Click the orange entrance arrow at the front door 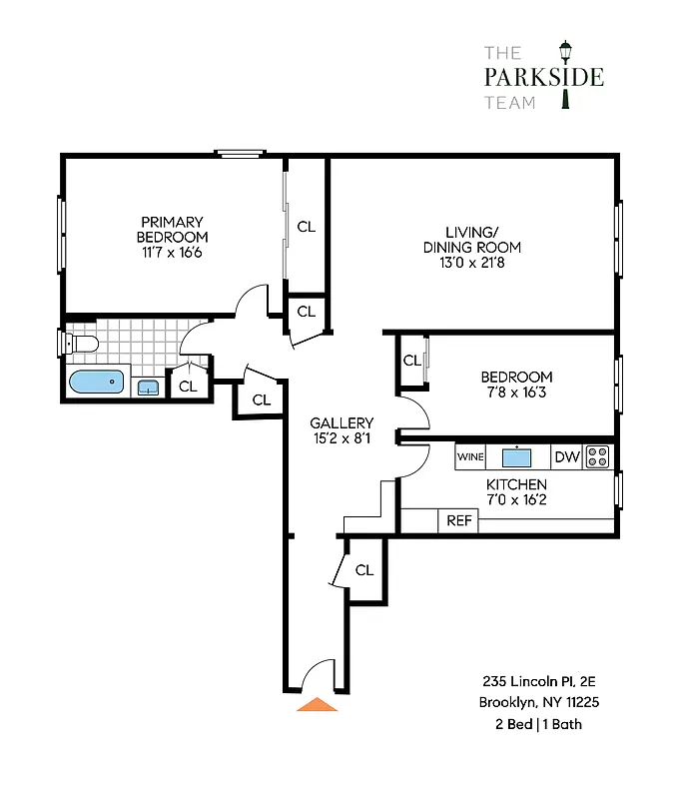(x=318, y=703)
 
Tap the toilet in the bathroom (x=82, y=345)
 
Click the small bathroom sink (x=149, y=388)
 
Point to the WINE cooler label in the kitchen (x=470, y=457)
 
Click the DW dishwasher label (x=566, y=457)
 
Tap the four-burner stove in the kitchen (x=598, y=457)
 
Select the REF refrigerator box (x=458, y=520)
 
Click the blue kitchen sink (x=517, y=457)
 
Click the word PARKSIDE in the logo (x=543, y=78)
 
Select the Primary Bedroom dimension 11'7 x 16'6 (x=172, y=253)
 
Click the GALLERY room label (x=341, y=422)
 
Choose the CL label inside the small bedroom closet (x=410, y=361)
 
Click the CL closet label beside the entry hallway (x=364, y=570)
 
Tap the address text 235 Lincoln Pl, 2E (x=538, y=681)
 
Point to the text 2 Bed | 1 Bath (x=538, y=724)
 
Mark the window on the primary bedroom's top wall (x=242, y=153)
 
